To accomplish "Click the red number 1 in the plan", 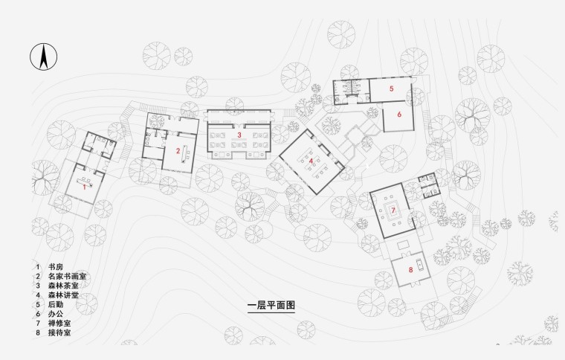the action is point(84,187).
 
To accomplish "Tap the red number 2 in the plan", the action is point(178,151).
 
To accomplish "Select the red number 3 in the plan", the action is point(239,135).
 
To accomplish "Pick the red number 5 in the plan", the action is point(391,89).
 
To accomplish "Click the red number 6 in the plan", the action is point(399,115).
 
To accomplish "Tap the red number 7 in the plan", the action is point(392,210).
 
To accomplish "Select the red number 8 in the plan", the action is point(410,269).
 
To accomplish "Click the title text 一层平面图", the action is point(271,305).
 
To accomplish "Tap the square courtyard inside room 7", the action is point(394,210).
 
